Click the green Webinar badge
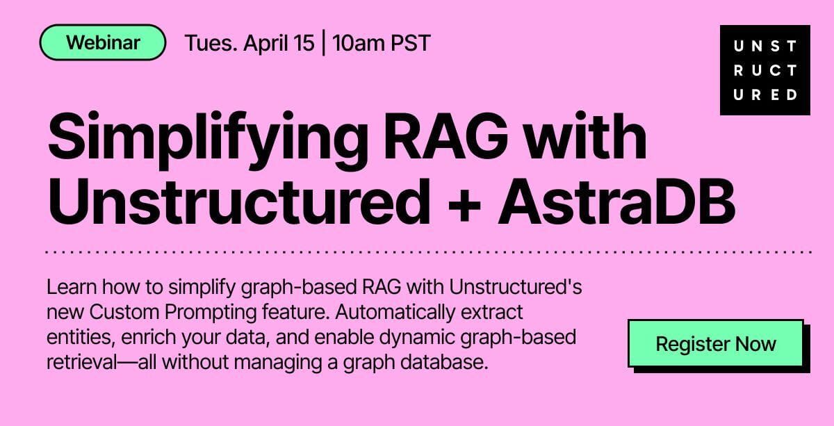click(x=103, y=42)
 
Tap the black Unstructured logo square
click(x=764, y=70)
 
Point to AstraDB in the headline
click(x=616, y=202)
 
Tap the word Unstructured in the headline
click(x=239, y=202)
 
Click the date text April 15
click(x=279, y=43)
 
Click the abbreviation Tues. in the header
click(x=211, y=43)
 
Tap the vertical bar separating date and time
click(x=323, y=43)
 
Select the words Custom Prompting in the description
click(x=173, y=313)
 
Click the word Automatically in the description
click(x=395, y=313)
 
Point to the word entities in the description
click(x=79, y=337)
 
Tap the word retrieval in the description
click(x=82, y=362)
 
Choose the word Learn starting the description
click(x=72, y=287)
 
